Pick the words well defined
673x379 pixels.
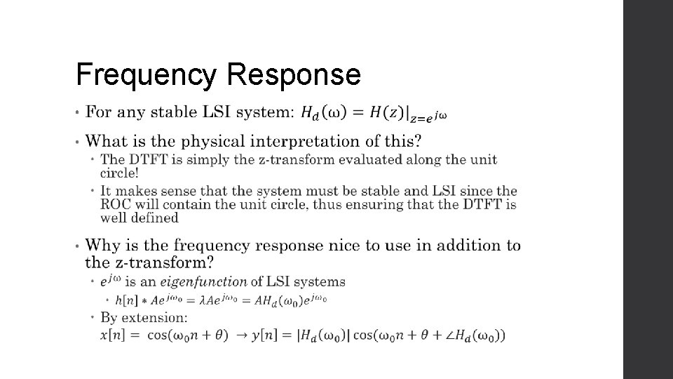140,218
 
